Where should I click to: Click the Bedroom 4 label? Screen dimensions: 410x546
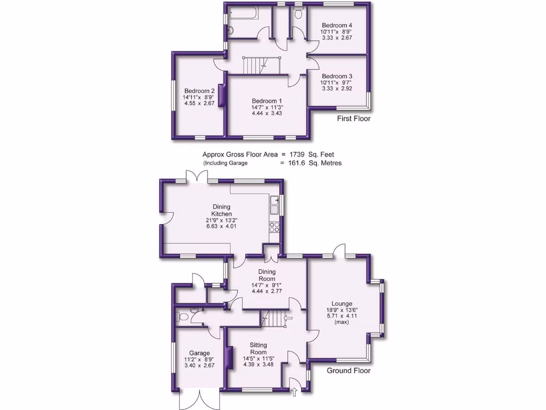[x=336, y=25]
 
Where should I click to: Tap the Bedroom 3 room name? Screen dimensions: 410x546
[x=336, y=76]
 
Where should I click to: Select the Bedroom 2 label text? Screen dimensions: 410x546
[x=199, y=91]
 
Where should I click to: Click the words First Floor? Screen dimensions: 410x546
[x=354, y=119]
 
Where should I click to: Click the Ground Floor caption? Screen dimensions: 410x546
[x=348, y=370]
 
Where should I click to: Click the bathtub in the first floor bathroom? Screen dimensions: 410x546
[x=243, y=13]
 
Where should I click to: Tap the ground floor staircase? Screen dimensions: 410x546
[x=274, y=319]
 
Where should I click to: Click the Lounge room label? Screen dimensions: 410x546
[x=342, y=304]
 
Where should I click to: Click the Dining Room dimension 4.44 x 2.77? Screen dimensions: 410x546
[x=267, y=291]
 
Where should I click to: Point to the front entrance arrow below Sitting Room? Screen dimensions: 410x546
[x=295, y=393]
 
